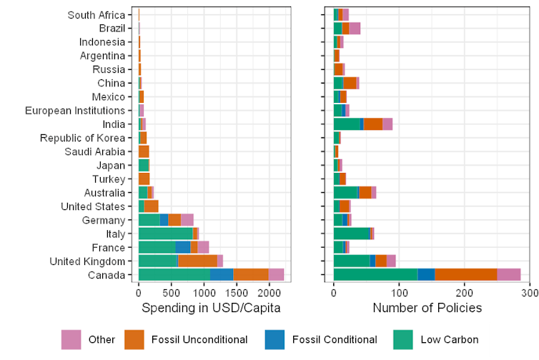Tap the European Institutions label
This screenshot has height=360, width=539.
coord(75,111)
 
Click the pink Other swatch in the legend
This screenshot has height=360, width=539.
coord(71,339)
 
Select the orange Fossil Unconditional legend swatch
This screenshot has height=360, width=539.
coord(134,339)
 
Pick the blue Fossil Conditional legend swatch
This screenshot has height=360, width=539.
coord(275,339)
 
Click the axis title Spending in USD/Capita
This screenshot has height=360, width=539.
coord(211,308)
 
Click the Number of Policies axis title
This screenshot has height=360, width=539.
coord(427,308)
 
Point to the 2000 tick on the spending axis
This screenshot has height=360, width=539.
coord(269,293)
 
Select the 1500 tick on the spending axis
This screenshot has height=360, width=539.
coord(236,293)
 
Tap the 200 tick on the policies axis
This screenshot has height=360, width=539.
coord(464,293)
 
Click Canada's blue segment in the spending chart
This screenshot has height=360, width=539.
coord(222,275)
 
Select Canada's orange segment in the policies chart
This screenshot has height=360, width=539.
coord(466,275)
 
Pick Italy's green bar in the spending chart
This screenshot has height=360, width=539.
coord(165,234)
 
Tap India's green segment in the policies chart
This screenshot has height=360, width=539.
coord(347,124)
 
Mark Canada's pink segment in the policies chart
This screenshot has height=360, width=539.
coord(509,275)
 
